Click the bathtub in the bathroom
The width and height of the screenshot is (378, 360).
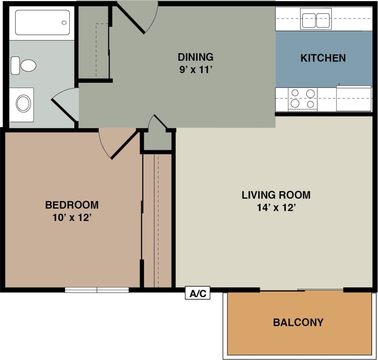click(x=42, y=22)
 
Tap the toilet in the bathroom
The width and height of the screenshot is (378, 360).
click(x=25, y=66)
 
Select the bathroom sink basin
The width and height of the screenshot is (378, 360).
click(x=23, y=104)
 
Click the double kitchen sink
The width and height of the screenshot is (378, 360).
click(x=315, y=20)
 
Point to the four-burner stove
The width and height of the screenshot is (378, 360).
click(x=303, y=99)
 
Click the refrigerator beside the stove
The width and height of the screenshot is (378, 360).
click(x=354, y=98)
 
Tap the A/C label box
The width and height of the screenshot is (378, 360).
click(x=197, y=293)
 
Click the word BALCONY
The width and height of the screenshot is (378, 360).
click(x=298, y=322)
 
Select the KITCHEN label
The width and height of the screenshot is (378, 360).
click(x=323, y=58)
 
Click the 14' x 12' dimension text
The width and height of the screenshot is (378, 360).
click(x=276, y=208)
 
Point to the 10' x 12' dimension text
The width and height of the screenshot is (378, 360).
click(x=72, y=218)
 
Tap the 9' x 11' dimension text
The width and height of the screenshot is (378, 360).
click(x=195, y=70)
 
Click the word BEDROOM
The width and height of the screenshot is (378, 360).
click(x=72, y=205)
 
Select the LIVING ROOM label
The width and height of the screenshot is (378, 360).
click(x=276, y=195)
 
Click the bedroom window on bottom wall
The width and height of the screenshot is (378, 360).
click(x=97, y=290)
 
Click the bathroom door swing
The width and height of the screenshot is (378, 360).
click(x=65, y=104)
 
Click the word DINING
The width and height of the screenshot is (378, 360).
click(x=195, y=57)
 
